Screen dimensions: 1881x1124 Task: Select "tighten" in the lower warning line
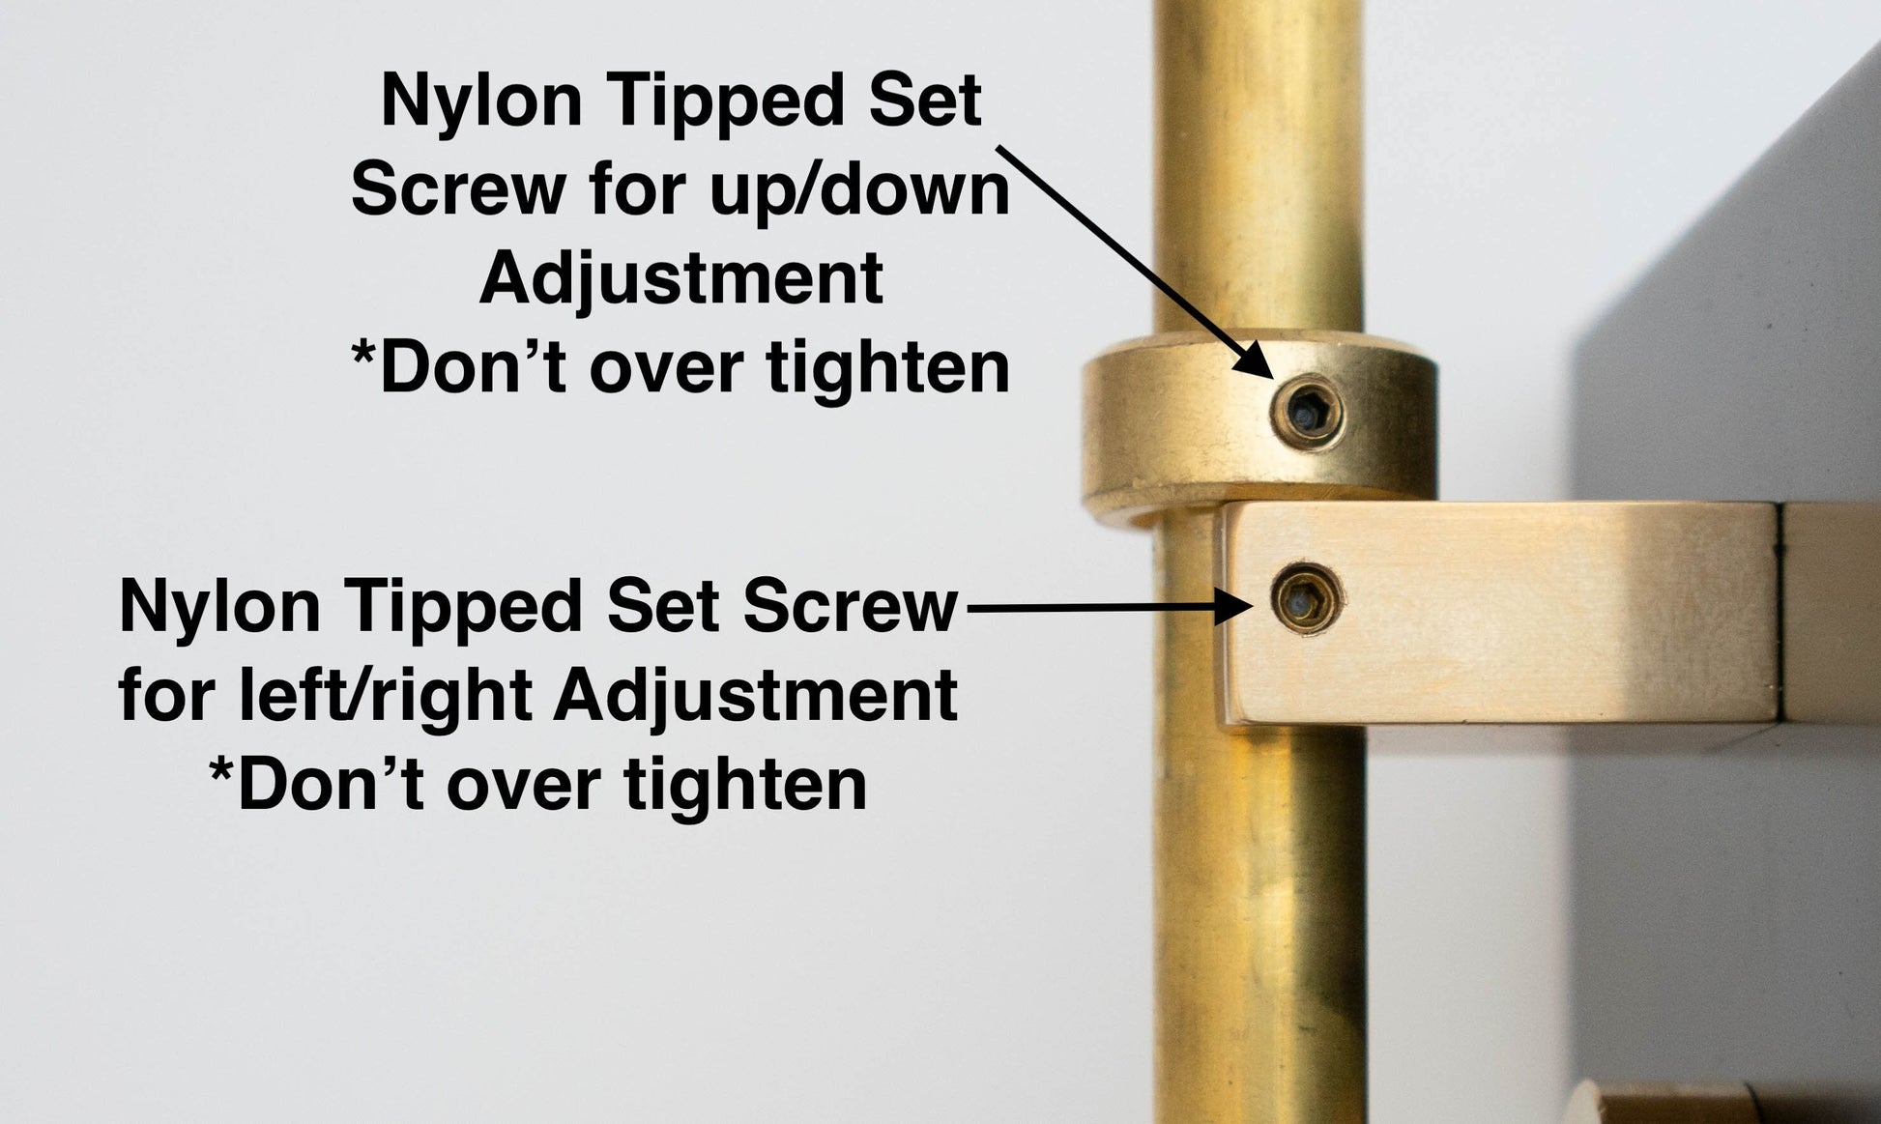(x=746, y=785)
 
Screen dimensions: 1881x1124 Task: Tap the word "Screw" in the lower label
(x=851, y=607)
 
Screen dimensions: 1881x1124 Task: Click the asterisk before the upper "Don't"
(x=362, y=354)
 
